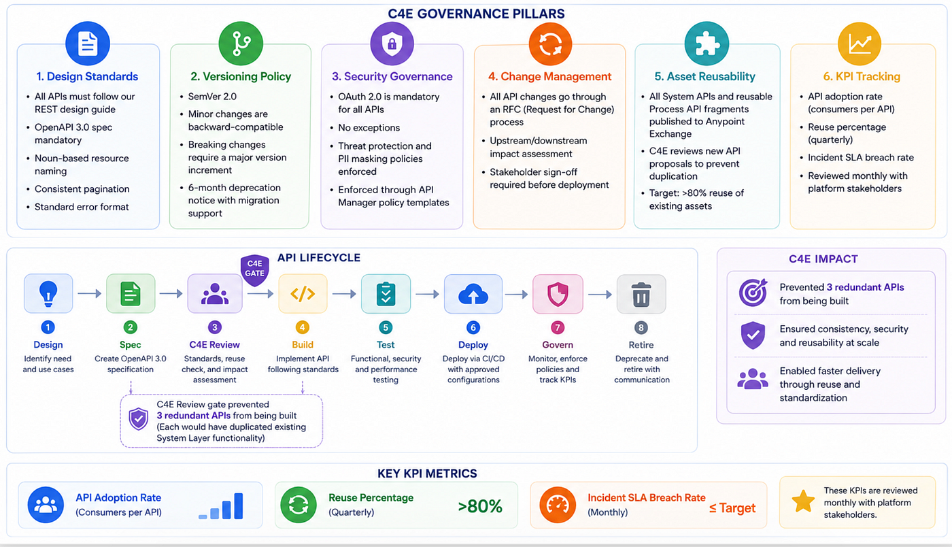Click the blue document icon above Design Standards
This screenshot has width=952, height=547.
88,44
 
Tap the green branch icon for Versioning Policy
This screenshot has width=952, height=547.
241,44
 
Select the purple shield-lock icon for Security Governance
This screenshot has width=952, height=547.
392,44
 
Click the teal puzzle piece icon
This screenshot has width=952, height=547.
707,44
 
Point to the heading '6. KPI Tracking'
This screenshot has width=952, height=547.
862,77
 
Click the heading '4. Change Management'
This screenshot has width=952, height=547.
549,77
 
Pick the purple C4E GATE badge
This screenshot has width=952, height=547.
254,269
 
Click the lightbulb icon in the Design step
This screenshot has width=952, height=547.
48,293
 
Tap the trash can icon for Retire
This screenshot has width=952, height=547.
641,295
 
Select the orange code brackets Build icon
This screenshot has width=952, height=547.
303,294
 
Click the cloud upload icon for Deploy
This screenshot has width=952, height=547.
473,294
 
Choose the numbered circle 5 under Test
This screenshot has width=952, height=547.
386,327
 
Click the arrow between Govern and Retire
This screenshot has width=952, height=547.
600,295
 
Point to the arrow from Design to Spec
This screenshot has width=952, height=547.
90,293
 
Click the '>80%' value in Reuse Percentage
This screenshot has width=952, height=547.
480,506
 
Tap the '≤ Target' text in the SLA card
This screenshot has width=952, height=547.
732,508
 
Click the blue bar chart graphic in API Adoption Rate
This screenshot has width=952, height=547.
220,506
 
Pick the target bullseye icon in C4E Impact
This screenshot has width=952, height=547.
753,293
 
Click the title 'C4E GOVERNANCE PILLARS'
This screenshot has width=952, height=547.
476,14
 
